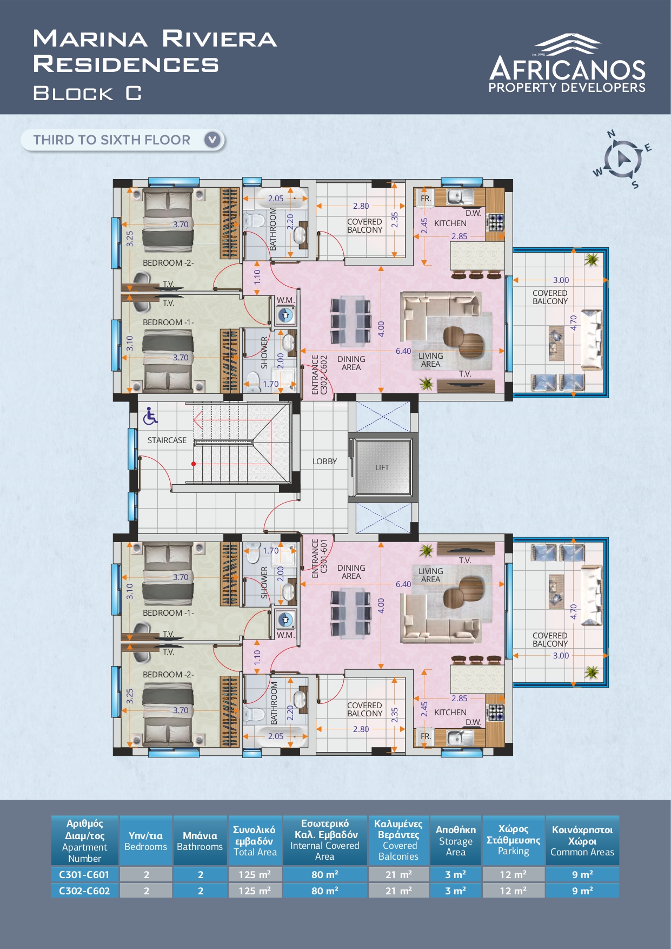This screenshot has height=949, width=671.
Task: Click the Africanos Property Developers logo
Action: coord(567,63)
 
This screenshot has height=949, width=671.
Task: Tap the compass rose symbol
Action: coord(622,159)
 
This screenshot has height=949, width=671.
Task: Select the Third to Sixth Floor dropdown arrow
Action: coord(213,140)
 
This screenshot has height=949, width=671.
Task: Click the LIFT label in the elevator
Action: coord(382,467)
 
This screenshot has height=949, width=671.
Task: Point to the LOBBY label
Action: coord(324,462)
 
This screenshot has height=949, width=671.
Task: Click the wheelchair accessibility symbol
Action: coord(150,416)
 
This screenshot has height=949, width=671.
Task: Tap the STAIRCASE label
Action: coord(167,440)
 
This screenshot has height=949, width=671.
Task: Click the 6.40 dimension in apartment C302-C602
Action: coord(403,351)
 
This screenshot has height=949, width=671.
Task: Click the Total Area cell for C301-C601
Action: coord(255,874)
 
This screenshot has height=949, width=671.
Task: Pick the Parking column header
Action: coord(513,840)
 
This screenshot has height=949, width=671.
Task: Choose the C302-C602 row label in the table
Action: coord(84,891)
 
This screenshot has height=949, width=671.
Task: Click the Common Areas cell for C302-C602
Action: coord(582,891)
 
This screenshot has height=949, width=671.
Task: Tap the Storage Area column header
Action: coord(456,841)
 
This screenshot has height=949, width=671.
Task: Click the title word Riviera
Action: coord(220,39)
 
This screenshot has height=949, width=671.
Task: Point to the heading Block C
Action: coord(88,94)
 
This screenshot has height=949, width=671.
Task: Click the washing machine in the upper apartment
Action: coord(285,315)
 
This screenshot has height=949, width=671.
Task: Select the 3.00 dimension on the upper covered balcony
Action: coord(561,280)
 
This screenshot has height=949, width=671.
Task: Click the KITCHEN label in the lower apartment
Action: coord(450,713)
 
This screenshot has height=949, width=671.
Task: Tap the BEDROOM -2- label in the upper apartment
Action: coord(168,263)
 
